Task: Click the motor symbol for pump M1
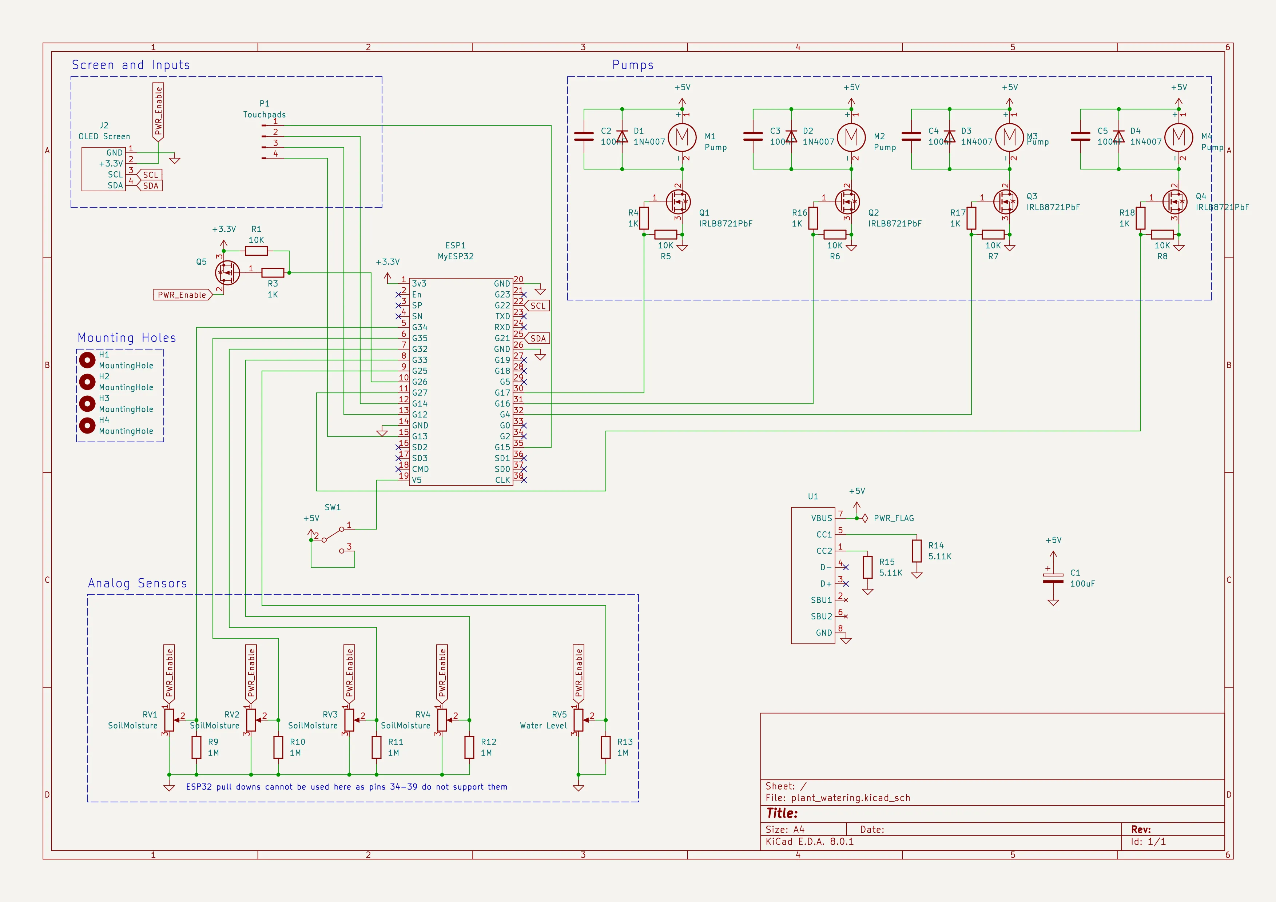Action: (682, 137)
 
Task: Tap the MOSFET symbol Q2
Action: (847, 202)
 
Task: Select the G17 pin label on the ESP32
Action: (502, 393)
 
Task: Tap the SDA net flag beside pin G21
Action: (537, 338)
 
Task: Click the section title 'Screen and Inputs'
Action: (131, 65)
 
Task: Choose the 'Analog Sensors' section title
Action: (137, 583)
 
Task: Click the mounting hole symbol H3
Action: (87, 404)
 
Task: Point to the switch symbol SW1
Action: (333, 535)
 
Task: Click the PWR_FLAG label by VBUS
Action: (893, 518)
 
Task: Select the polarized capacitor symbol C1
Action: (1053, 578)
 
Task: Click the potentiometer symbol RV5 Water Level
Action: (579, 720)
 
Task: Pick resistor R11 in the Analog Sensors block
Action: (377, 747)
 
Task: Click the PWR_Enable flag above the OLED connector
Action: (158, 111)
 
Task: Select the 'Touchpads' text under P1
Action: (265, 115)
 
